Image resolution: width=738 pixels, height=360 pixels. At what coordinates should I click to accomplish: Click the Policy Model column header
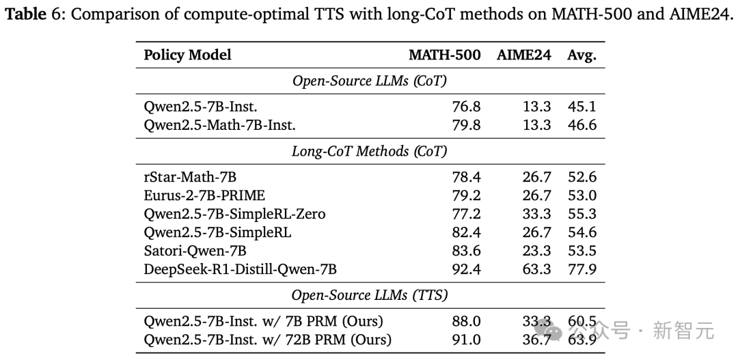point(187,55)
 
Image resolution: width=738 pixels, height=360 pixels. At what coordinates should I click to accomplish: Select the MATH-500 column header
point(444,55)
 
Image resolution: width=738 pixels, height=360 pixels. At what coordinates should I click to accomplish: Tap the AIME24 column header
point(523,55)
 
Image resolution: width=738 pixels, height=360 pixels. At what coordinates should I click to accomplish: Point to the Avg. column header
point(582,55)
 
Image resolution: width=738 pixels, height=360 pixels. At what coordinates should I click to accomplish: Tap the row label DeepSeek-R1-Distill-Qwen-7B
point(240,269)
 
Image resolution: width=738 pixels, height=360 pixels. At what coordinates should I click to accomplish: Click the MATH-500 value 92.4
point(466,269)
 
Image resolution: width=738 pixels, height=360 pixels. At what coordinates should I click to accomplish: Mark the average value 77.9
point(582,269)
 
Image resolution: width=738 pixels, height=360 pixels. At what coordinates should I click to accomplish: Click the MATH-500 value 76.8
point(466,106)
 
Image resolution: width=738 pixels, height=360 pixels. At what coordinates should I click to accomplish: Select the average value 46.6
point(582,124)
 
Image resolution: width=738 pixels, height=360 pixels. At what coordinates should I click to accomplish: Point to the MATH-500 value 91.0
point(466,340)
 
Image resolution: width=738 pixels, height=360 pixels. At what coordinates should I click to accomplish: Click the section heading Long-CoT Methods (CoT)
point(369,152)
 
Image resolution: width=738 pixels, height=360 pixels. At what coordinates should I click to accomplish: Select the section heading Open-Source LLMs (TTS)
point(369,295)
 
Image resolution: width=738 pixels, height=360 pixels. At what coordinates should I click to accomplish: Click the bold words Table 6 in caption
point(33,14)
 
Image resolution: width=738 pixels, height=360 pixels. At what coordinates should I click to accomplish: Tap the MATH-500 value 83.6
point(466,251)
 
